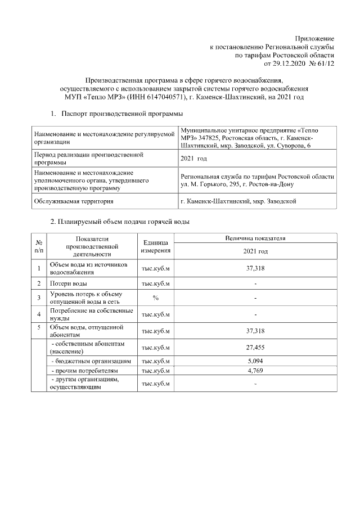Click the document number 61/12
pos(326,64)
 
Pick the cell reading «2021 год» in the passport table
pos(193,159)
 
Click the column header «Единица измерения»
pos(156,246)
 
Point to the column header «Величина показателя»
pos(255,238)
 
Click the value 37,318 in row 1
pos(255,268)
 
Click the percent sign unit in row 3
pos(156,298)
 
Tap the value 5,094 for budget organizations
pos(255,361)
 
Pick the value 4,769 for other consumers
pos(255,371)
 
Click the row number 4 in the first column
pos(39,314)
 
